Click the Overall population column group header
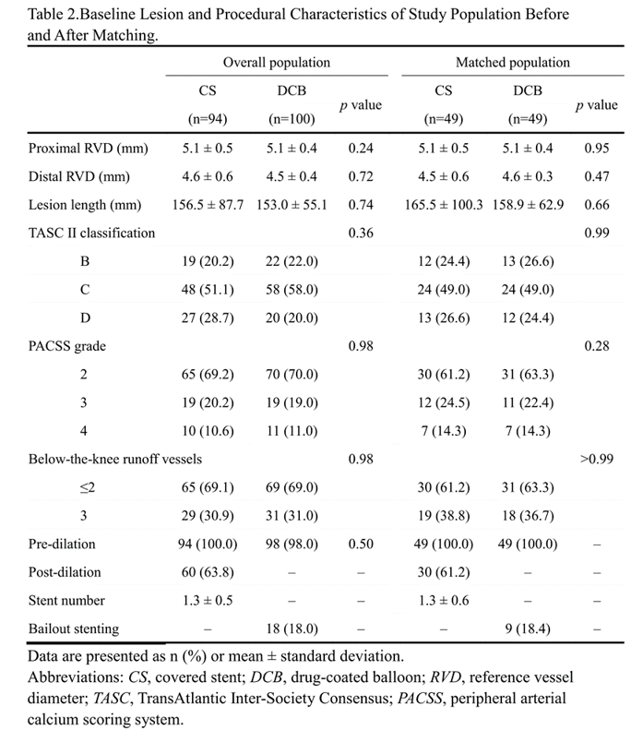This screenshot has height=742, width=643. [277, 63]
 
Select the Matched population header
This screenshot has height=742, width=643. [513, 63]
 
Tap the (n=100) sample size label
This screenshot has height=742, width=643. [292, 119]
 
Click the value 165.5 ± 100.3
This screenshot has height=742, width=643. [445, 205]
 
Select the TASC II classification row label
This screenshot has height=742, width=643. [89, 233]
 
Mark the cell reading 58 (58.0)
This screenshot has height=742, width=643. [292, 290]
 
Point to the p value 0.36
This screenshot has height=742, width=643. [360, 233]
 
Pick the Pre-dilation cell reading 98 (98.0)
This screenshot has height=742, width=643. [292, 544]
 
